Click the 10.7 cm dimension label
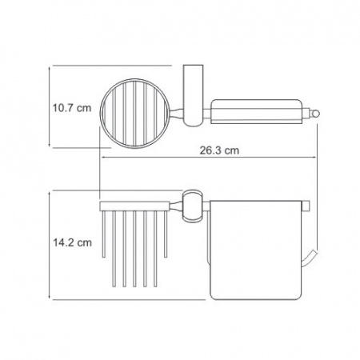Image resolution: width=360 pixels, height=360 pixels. pos(72,108)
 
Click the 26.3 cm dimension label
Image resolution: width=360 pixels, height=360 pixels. pos(219,150)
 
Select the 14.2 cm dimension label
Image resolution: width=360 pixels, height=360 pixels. pos(72,242)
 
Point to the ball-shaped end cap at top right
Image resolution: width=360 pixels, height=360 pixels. pos(315,114)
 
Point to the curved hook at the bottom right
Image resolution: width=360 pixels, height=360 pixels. pos(310,258)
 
